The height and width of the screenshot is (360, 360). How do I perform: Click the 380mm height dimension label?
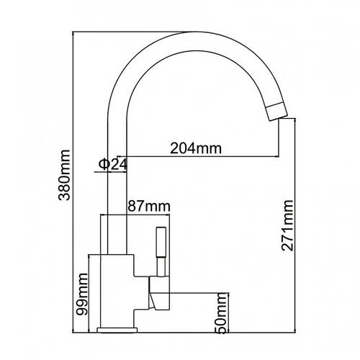pos(64,175)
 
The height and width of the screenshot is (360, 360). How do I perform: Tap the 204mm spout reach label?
pos(196,148)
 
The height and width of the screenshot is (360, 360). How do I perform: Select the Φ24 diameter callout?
pos(112,164)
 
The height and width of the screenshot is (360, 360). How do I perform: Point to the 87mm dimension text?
pos(149,206)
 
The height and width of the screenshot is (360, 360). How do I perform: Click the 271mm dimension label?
pos(287,225)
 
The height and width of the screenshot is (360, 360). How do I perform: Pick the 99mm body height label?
pos(81,294)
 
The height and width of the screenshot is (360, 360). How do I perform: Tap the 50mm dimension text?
pos(221,313)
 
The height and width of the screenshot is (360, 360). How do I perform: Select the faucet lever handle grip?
pos(161,242)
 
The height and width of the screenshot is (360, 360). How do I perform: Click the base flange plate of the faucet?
pos(117,330)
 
